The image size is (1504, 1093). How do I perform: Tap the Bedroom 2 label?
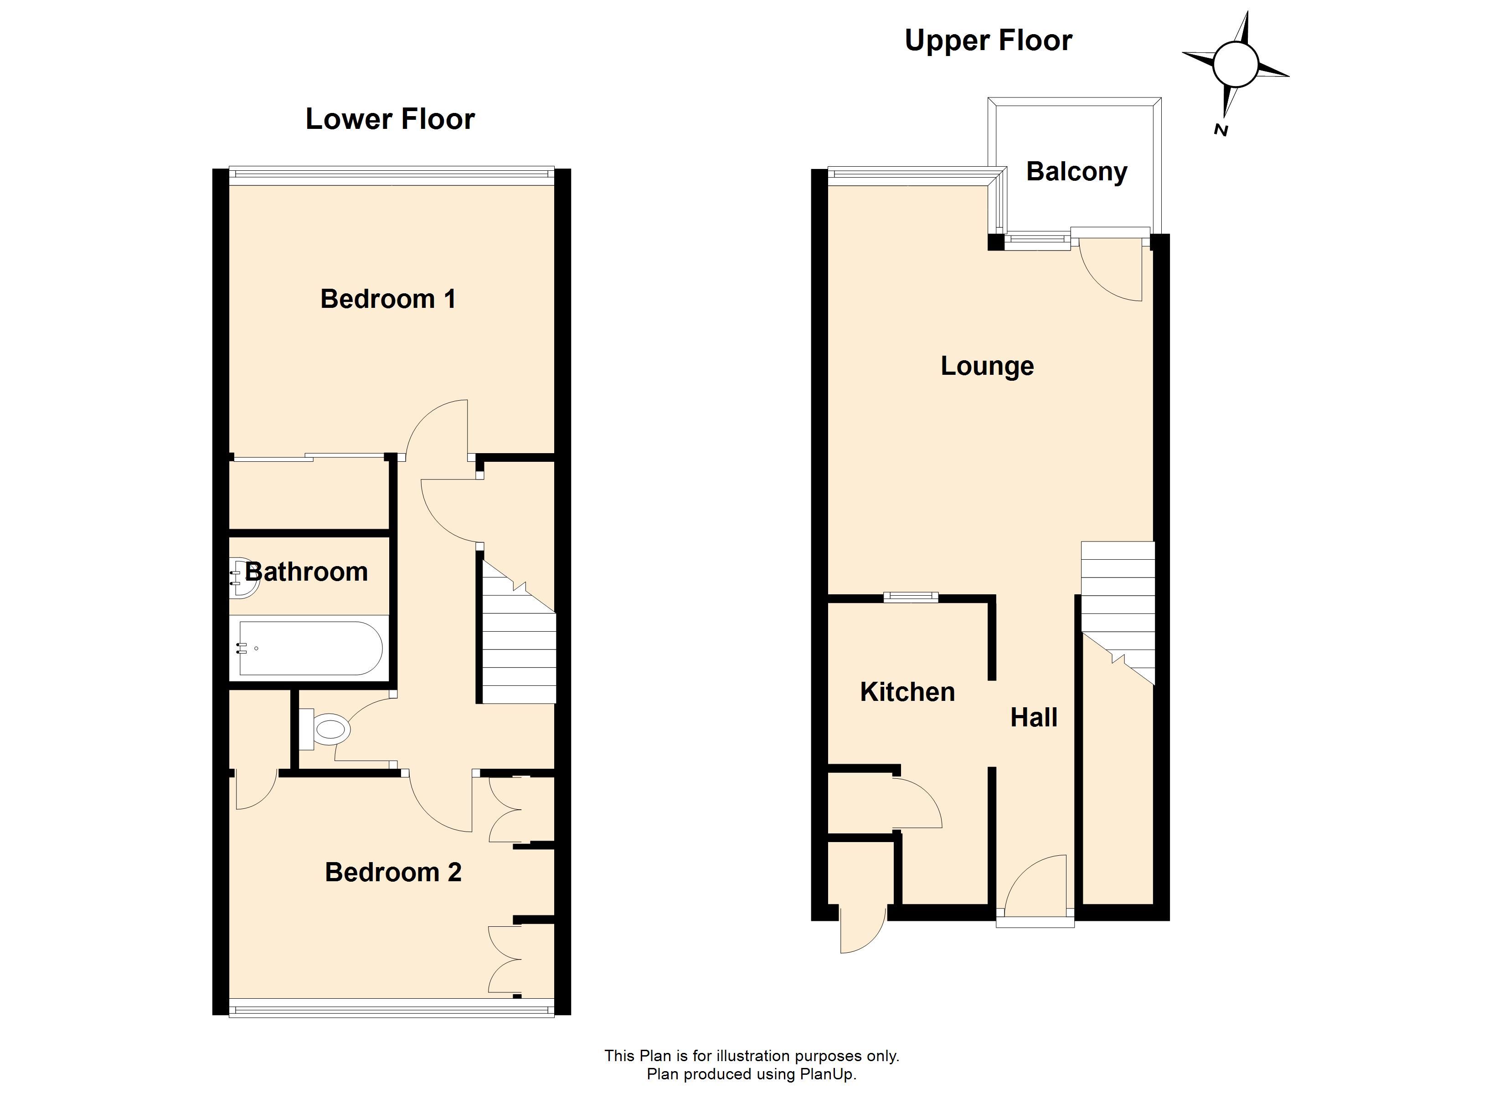click(393, 872)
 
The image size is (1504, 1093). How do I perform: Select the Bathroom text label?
click(306, 572)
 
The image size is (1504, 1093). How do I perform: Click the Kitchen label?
click(907, 692)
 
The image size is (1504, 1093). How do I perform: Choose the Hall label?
click(1034, 717)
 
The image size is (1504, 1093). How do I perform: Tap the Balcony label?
click(1077, 172)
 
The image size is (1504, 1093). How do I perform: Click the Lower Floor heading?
click(390, 119)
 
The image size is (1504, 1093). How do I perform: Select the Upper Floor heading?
click(988, 41)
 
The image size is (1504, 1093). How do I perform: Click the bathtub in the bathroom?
click(309, 648)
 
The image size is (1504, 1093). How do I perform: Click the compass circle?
click(1236, 66)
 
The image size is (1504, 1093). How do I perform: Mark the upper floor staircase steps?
click(1118, 613)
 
